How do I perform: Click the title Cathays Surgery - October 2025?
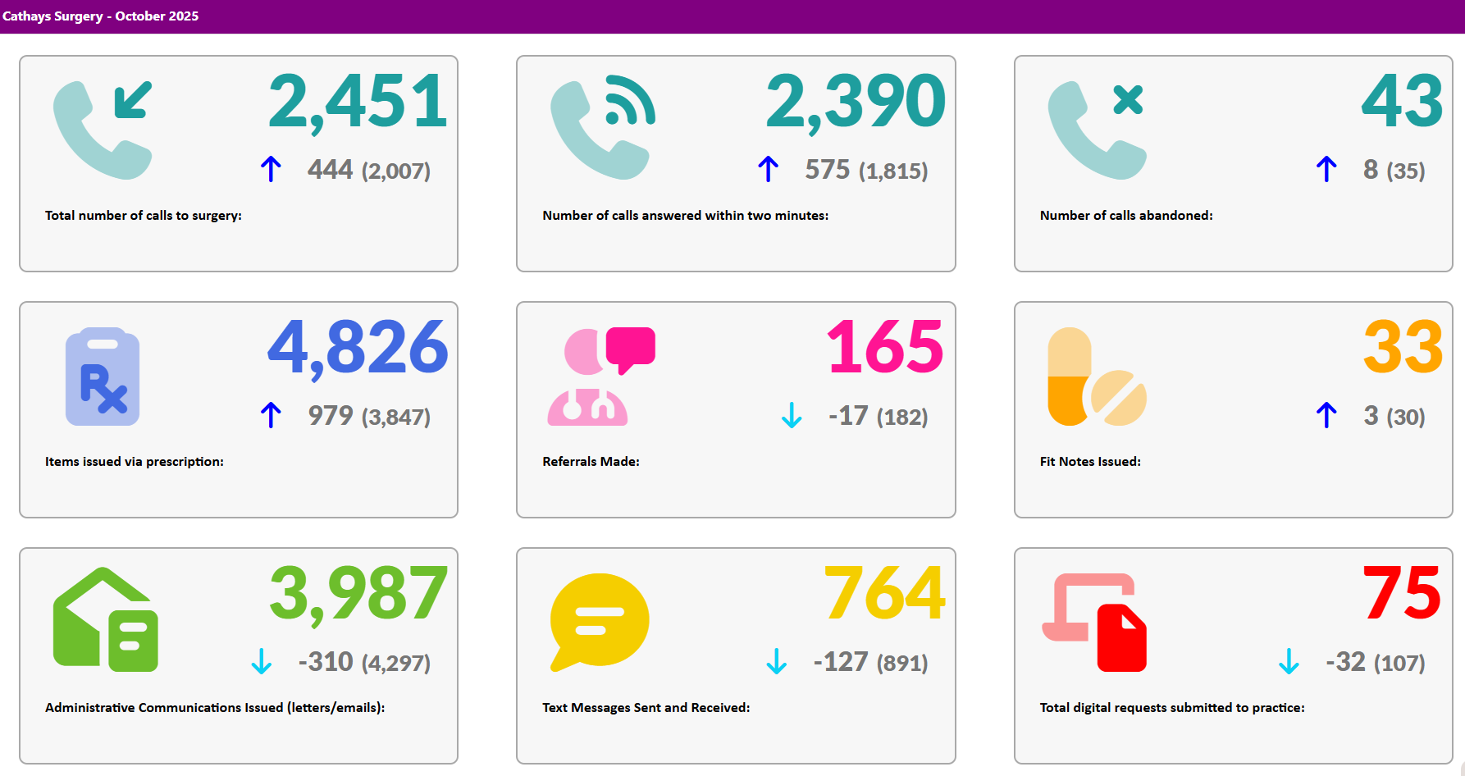[100, 16]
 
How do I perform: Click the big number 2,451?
[358, 102]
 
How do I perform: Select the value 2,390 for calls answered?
[855, 102]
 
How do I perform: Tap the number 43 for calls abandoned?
[1402, 102]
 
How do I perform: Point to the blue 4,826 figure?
[358, 348]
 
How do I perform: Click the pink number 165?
[884, 348]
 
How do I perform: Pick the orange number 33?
[1403, 348]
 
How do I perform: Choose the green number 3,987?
[358, 594]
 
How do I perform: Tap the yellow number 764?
[884, 594]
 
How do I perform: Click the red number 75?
[1401, 594]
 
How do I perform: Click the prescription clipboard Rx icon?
[103, 377]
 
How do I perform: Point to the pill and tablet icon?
[1096, 377]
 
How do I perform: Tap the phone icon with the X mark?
[1096, 130]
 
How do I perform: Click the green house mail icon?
[105, 620]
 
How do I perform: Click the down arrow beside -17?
[792, 415]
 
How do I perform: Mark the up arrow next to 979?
[271, 415]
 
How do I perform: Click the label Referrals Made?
[591, 462]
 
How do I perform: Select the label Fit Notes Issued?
[1090, 462]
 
